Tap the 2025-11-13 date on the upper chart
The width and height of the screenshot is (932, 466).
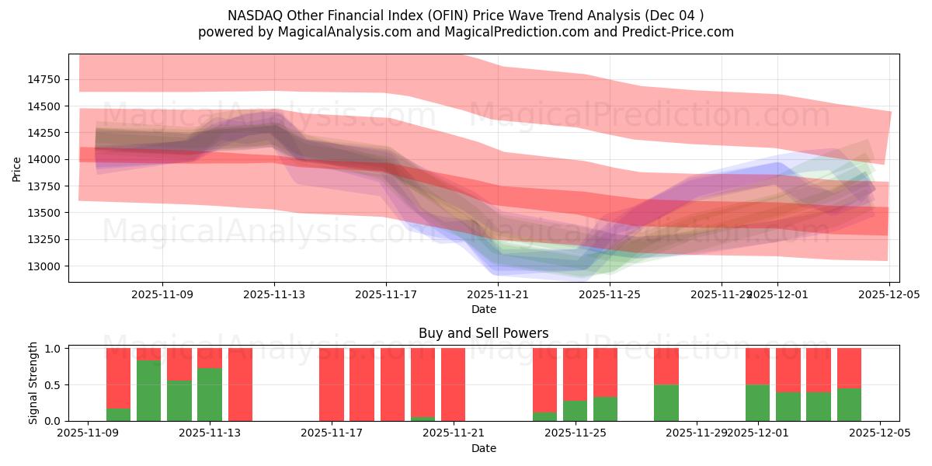(274, 295)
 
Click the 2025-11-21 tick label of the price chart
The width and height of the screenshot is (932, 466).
(498, 295)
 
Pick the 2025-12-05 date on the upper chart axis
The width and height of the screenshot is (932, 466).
(889, 295)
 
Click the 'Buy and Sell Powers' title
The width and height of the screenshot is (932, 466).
(483, 333)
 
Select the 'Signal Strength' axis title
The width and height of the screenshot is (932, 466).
(33, 383)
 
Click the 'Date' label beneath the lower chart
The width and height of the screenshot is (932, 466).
(483, 448)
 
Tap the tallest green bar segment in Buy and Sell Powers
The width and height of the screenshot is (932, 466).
(148, 391)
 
